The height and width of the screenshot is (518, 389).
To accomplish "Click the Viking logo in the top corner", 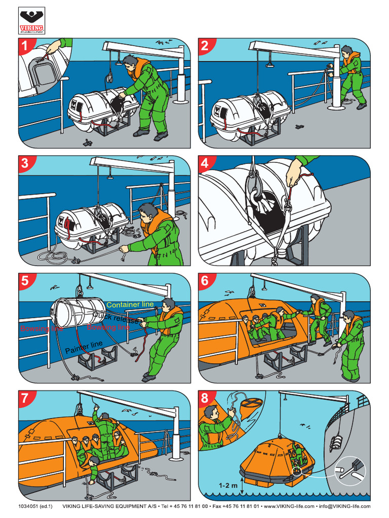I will (x=31, y=21).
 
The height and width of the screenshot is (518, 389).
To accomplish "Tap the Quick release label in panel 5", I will (x=114, y=318).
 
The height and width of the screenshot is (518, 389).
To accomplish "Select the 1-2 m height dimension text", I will (x=227, y=485).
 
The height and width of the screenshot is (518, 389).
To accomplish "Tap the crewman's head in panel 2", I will (x=346, y=51).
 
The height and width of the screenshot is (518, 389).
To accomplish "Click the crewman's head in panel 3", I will (x=147, y=212).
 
